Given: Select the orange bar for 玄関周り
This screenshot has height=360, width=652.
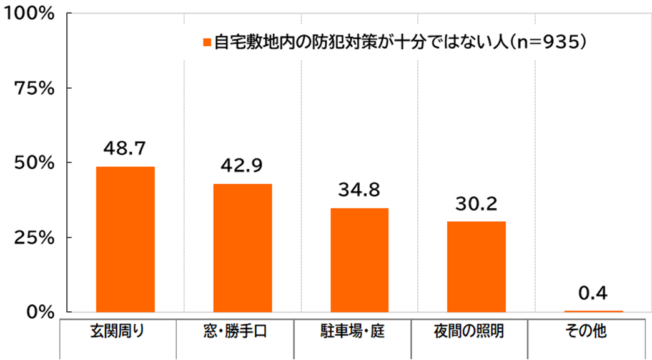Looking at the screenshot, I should [125, 239].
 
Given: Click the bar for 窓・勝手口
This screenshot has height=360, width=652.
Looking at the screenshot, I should [242, 247].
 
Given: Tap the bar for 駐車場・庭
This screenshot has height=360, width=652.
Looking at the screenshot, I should [359, 260].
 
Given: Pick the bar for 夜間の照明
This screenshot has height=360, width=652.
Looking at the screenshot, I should [477, 266].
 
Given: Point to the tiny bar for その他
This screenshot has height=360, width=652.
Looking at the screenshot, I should [593, 311].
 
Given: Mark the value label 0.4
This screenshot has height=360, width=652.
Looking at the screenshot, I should [593, 292].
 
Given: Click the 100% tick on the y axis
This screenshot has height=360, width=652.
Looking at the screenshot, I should [29, 13].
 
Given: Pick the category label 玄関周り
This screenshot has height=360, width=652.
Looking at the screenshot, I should [119, 331].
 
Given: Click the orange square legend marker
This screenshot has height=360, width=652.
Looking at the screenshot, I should [207, 42].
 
